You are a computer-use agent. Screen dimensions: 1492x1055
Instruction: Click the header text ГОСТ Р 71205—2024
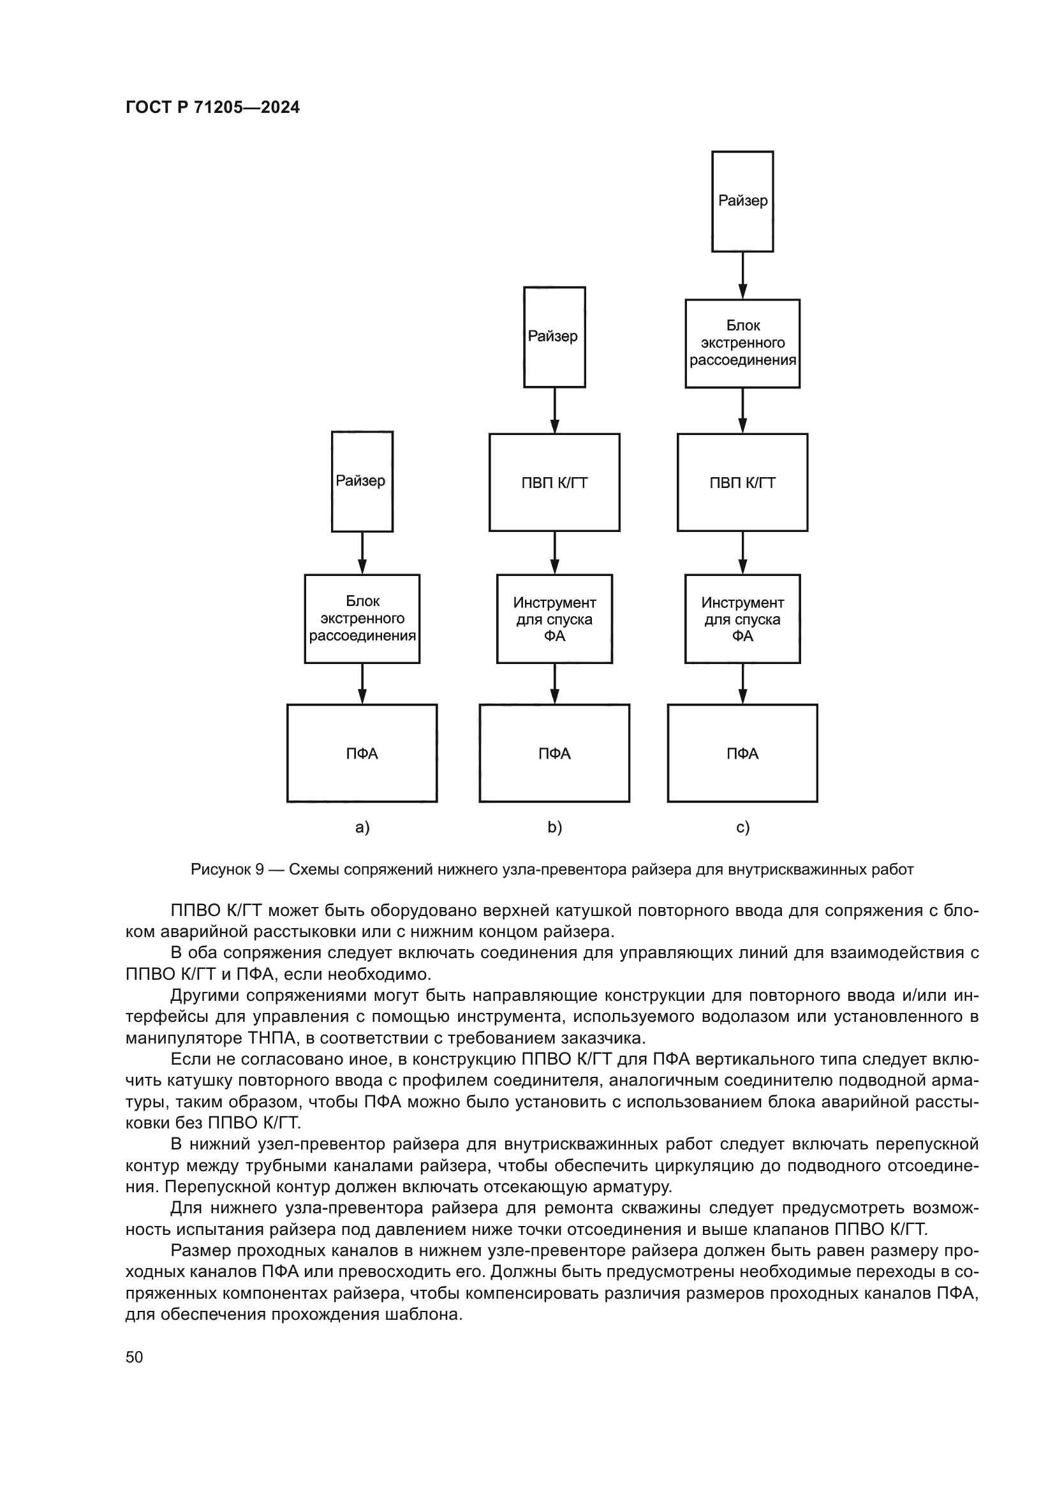point(212,108)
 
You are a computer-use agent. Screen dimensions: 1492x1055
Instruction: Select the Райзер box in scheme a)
point(362,481)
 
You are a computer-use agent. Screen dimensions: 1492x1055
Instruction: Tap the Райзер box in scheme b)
point(554,337)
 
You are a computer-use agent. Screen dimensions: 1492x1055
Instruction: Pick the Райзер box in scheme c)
point(742,201)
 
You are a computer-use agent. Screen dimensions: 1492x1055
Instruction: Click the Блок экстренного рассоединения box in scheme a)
point(362,618)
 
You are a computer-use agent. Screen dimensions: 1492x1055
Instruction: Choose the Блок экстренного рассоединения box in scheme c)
point(742,343)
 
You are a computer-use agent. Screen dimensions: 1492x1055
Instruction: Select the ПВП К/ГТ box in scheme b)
point(554,482)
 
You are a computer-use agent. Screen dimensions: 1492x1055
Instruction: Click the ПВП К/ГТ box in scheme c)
point(742,482)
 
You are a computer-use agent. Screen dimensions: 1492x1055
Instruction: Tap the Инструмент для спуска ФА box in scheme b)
point(554,618)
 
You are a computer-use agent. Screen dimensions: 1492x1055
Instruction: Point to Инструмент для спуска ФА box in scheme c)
point(742,618)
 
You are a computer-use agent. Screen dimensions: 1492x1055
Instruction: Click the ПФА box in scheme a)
point(362,753)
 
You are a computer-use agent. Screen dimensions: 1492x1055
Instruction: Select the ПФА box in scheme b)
point(554,753)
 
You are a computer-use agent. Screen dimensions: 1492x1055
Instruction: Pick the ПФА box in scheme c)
point(742,753)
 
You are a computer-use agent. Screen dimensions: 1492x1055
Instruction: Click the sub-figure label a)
point(362,827)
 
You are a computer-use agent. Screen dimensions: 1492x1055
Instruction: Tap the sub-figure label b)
point(554,827)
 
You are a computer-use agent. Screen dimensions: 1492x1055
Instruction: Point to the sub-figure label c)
point(742,827)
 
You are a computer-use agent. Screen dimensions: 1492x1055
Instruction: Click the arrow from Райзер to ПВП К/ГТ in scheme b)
point(554,410)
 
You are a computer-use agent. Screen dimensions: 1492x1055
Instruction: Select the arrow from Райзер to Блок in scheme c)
point(742,275)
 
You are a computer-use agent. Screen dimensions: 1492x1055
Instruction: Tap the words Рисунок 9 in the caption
point(226,869)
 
